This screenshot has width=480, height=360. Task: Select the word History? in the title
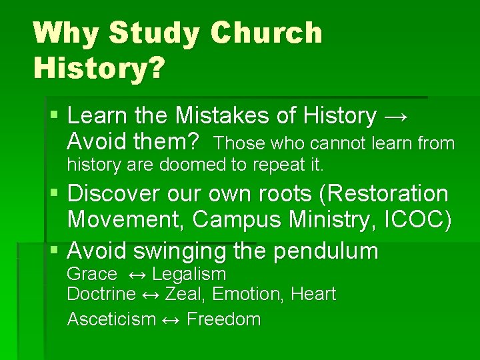tap(98, 67)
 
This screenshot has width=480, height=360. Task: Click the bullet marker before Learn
tap(55, 116)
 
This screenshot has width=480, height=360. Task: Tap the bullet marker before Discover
tap(55, 194)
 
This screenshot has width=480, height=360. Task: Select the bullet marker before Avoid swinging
tap(55, 251)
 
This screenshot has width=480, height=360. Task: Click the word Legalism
tap(189, 274)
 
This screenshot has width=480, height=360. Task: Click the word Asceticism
tap(111, 319)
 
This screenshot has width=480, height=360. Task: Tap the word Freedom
tap(223, 319)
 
